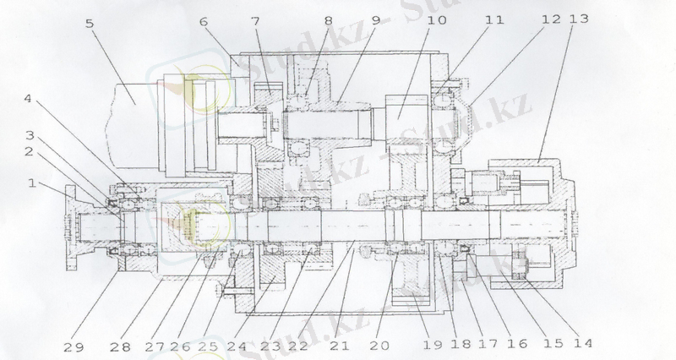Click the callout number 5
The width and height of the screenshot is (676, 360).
pyautogui.click(x=90, y=23)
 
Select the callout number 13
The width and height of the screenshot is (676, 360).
pyautogui.click(x=579, y=19)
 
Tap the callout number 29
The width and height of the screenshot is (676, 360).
pyautogui.click(x=74, y=347)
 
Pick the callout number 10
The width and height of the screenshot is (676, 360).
pyautogui.click(x=437, y=19)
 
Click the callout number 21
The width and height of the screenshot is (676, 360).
pyautogui.click(x=340, y=346)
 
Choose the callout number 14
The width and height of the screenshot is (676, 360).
pyautogui.click(x=583, y=343)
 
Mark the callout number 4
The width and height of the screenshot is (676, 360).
pyautogui.click(x=28, y=99)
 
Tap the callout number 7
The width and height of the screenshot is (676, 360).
pyautogui.click(x=256, y=20)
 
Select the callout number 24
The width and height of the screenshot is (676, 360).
pyautogui.click(x=237, y=346)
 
